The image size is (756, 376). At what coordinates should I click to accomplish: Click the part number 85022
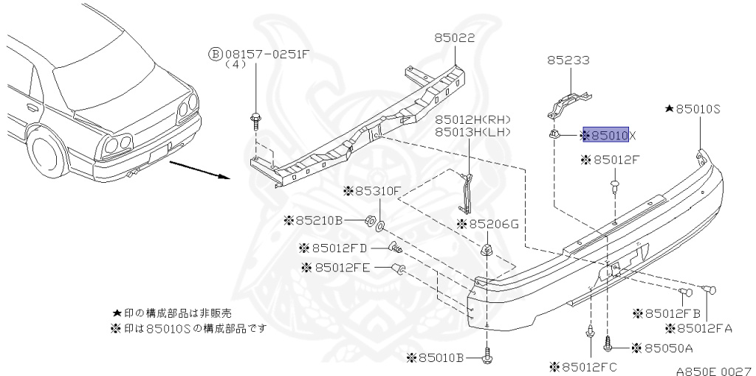454,38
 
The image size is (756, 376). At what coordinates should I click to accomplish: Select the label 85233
568,61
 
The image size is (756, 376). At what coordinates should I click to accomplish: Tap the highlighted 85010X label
605,135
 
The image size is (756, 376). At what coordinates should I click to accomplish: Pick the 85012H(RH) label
472,119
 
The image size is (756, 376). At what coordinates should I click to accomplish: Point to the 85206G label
489,223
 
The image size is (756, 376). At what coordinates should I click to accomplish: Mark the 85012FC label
587,366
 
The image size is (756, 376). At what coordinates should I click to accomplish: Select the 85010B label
439,358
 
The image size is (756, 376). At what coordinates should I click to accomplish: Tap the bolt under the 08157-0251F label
255,119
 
